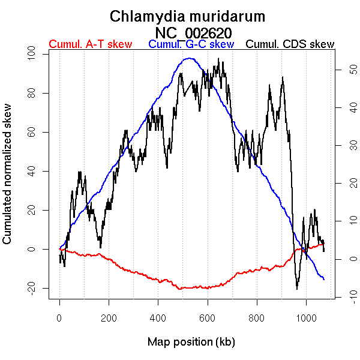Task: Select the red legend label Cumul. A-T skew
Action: click(x=90, y=44)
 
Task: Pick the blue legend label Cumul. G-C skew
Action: click(x=191, y=44)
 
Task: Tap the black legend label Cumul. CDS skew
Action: click(x=290, y=44)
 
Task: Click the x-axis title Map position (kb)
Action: click(x=191, y=342)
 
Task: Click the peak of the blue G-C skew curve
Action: click(x=190, y=58)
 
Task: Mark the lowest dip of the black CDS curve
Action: click(x=297, y=289)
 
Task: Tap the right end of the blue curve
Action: click(x=324, y=280)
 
